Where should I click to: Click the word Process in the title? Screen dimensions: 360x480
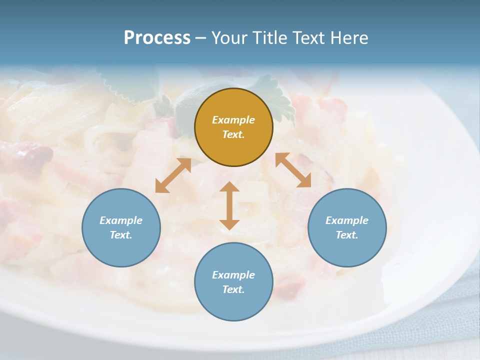point(157,38)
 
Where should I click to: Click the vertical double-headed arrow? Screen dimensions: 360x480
point(229,205)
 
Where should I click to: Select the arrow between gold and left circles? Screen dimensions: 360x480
point(173,175)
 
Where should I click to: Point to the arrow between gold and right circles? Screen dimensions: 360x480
point(293,170)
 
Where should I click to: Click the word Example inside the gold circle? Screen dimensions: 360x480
point(233,120)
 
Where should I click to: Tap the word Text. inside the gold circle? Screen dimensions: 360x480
point(233,134)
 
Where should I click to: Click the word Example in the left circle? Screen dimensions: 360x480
point(121,220)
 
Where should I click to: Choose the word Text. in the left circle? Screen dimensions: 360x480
point(121,235)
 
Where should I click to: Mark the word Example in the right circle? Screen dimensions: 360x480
point(347,220)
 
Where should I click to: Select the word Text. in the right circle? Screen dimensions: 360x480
point(347,235)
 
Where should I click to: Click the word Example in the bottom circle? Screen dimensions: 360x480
point(233,275)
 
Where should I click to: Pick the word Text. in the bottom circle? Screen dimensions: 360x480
point(233,289)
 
